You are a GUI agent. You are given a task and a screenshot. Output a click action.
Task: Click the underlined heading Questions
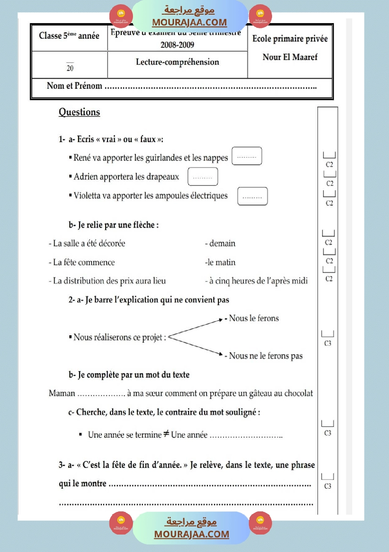(x=79, y=112)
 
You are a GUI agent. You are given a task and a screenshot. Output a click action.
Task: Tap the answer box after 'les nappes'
(x=247, y=157)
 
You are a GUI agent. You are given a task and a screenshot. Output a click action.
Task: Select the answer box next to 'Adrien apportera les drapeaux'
(x=203, y=177)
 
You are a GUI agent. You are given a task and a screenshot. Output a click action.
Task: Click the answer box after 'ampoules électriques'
(x=253, y=196)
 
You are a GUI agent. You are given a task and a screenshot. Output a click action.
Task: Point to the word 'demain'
(x=222, y=244)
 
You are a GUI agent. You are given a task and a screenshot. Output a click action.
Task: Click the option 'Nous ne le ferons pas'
(x=265, y=356)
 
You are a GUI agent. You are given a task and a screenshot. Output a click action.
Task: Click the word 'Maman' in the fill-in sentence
(x=62, y=393)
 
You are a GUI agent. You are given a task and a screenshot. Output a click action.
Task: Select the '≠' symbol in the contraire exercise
(x=166, y=434)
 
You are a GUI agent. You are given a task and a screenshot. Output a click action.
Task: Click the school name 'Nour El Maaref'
(x=290, y=57)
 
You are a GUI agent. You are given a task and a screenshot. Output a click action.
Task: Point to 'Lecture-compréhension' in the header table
(x=177, y=62)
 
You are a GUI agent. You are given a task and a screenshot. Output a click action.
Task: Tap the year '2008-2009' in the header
(x=177, y=45)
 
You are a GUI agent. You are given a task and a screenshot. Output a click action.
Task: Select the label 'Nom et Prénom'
(x=74, y=86)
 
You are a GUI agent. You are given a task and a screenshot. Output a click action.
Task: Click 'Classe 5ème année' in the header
(x=69, y=36)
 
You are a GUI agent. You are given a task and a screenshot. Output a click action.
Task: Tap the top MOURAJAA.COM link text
(x=189, y=22)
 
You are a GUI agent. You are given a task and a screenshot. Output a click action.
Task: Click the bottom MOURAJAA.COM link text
(x=191, y=534)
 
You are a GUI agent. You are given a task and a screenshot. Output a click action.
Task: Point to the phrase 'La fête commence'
(x=83, y=263)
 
